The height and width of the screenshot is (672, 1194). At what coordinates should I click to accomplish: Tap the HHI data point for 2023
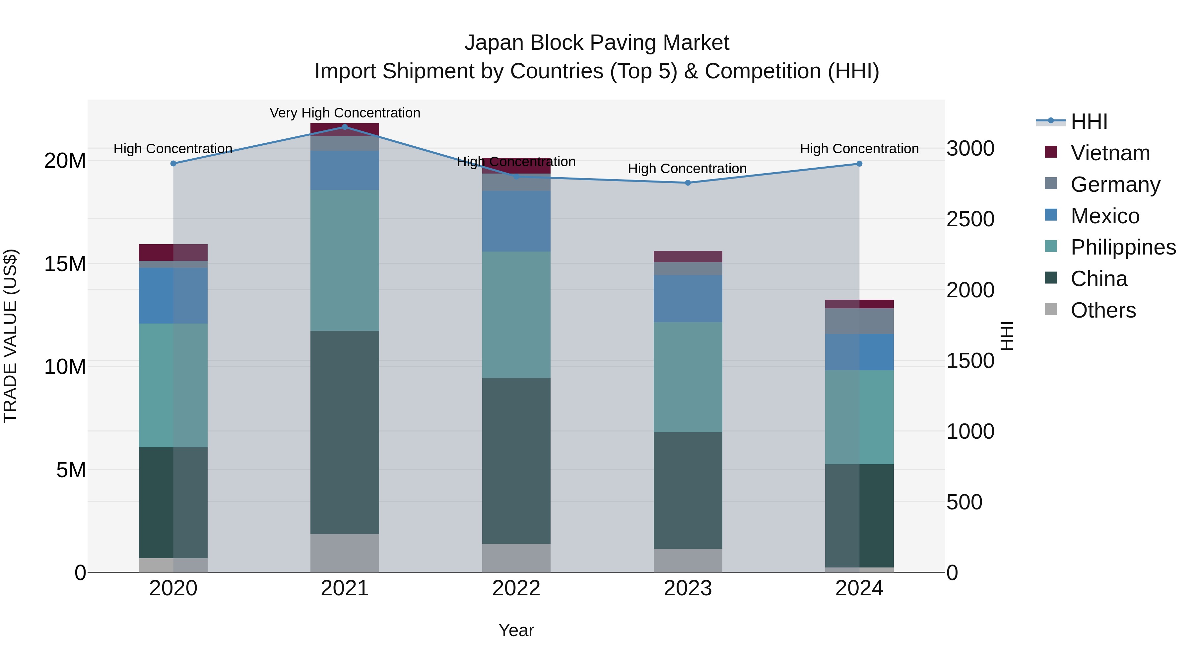click(x=688, y=183)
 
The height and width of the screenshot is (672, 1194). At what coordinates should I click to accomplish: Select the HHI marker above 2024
click(x=859, y=164)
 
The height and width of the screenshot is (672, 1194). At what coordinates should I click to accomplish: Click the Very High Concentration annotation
click(x=345, y=113)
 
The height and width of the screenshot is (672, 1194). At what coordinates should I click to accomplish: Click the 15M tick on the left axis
click(x=65, y=264)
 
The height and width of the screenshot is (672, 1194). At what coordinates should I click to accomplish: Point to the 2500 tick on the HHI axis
click(x=970, y=219)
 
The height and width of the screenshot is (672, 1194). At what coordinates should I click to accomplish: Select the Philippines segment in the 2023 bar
click(x=688, y=377)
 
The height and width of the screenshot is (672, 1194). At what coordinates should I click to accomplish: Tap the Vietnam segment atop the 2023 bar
click(x=688, y=257)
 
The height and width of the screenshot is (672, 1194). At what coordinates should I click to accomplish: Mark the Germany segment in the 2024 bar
click(x=859, y=321)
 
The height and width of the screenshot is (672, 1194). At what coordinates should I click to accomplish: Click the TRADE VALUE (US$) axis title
click(x=10, y=336)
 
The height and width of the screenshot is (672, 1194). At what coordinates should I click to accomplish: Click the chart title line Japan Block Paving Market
click(x=597, y=43)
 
